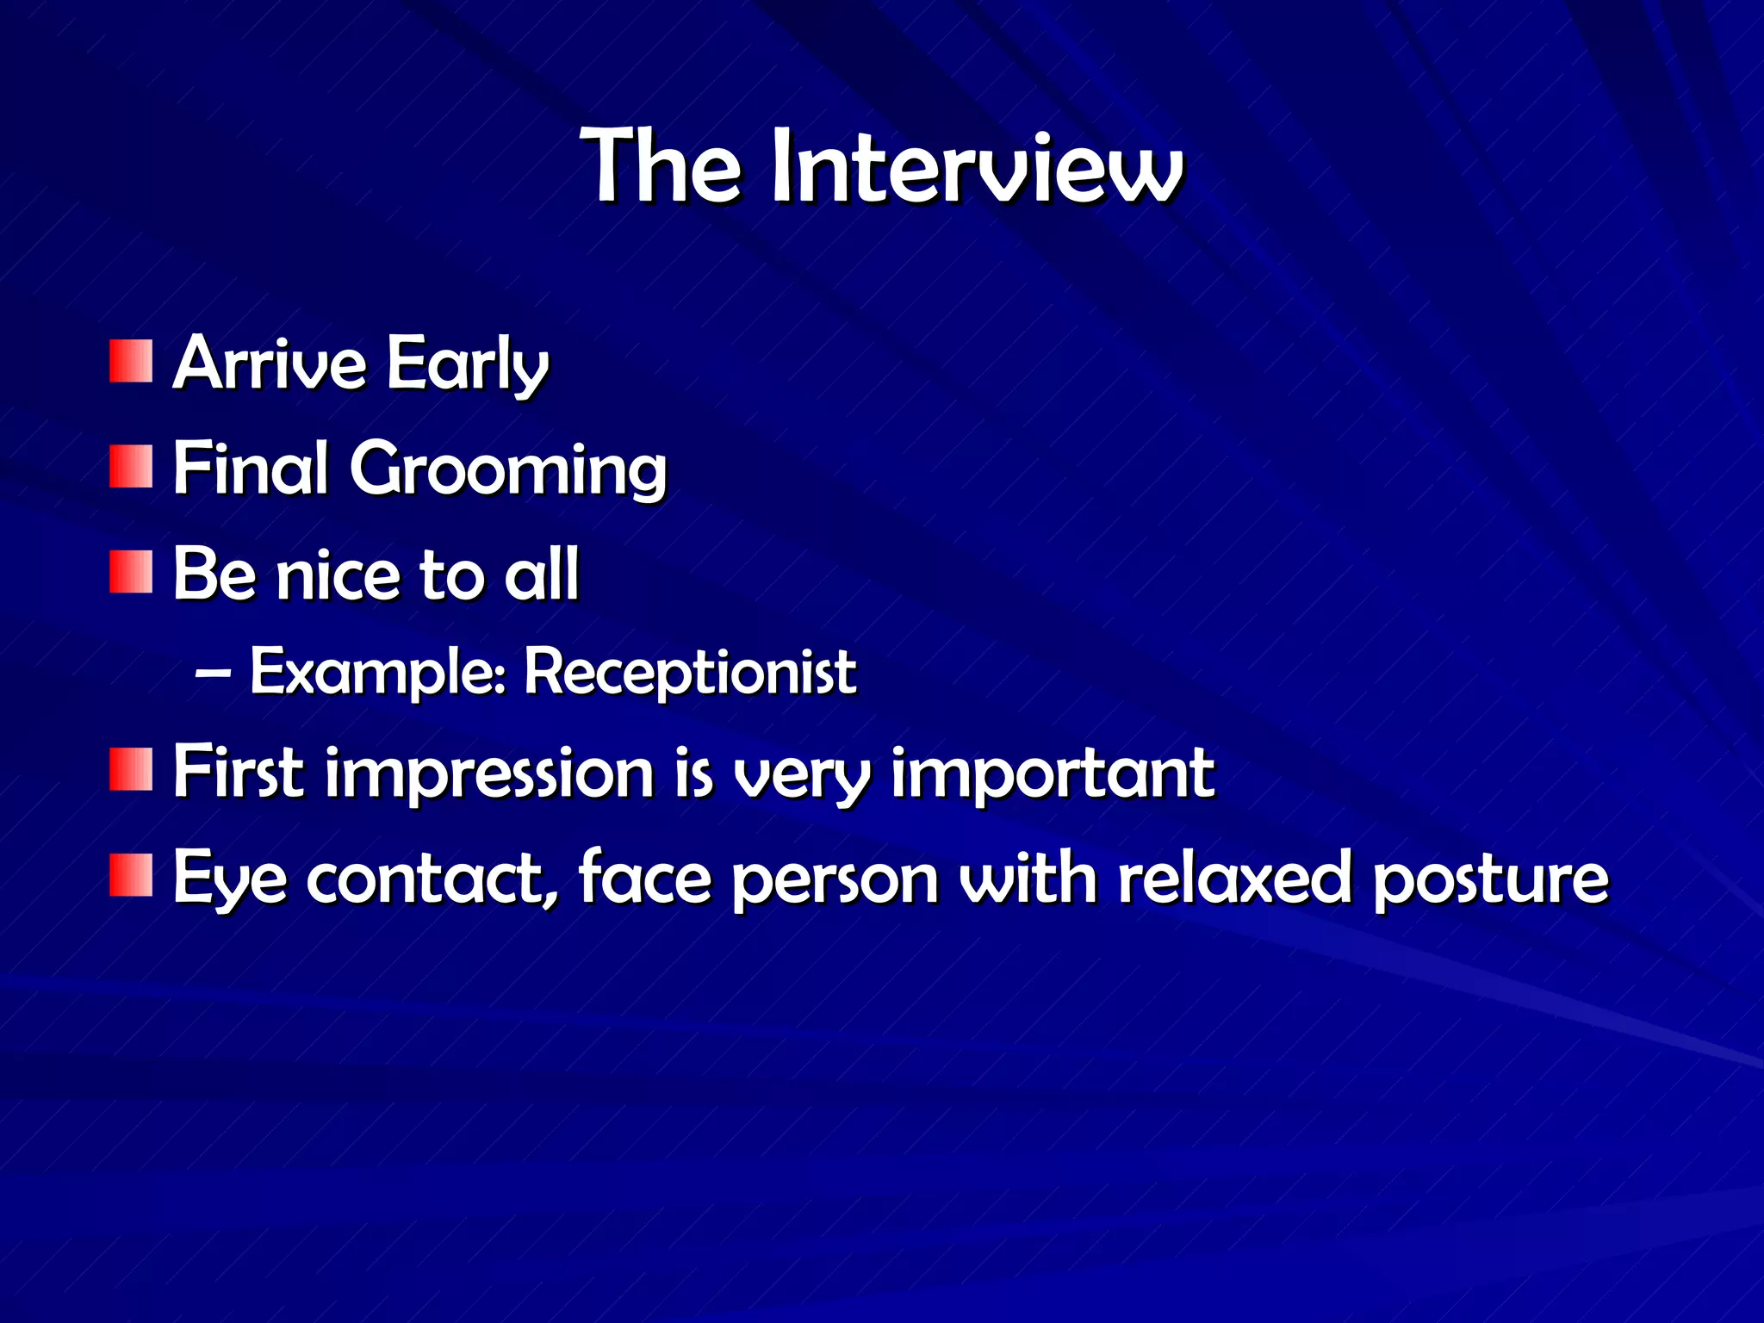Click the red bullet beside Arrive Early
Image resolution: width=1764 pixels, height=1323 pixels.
click(131, 362)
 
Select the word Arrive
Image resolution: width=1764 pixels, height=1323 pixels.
click(270, 363)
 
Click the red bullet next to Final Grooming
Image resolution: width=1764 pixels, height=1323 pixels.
click(131, 467)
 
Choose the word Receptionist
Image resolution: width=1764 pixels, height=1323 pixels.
click(690, 672)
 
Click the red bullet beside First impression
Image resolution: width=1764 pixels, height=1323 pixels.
click(131, 770)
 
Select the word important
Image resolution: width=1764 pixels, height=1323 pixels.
click(1053, 773)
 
